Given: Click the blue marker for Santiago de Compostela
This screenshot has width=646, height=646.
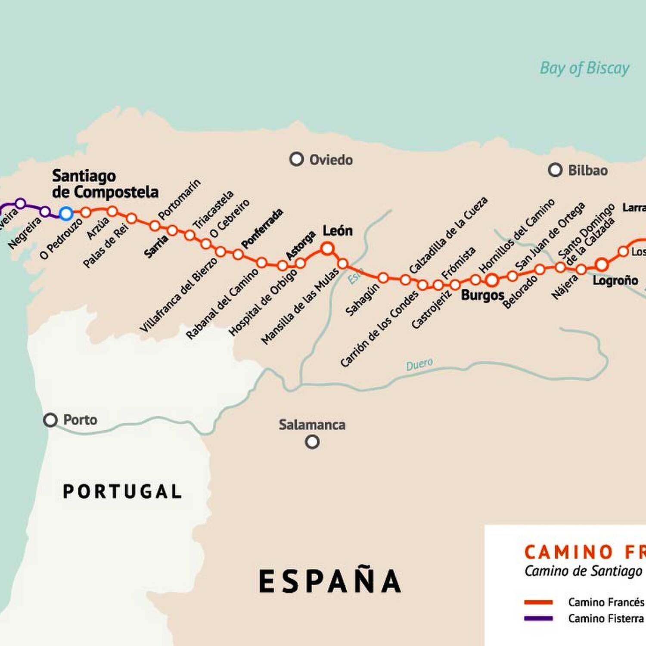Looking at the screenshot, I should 66,213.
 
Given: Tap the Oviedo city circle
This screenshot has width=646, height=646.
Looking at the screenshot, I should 296,159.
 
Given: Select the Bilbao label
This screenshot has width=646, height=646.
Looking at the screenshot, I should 587,171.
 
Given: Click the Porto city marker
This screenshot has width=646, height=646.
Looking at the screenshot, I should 50,420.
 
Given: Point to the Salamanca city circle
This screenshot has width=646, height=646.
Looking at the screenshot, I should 312,442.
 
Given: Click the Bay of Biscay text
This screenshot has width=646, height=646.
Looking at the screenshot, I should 584,68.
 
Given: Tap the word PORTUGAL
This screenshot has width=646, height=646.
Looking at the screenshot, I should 122,491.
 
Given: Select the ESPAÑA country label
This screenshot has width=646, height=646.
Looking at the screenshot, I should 330,581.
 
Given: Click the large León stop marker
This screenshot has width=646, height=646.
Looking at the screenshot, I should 327,248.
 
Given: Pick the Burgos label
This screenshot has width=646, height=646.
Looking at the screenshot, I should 482,295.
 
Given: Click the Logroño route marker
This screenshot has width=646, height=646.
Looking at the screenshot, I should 602,264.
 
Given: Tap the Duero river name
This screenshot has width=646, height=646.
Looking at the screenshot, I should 419,365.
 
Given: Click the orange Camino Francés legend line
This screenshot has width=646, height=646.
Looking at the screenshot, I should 538,602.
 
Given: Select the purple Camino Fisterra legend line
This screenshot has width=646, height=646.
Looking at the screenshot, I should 538,618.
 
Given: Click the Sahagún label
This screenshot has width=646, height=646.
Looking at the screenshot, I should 362,299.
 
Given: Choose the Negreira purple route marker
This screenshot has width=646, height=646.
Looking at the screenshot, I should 45,211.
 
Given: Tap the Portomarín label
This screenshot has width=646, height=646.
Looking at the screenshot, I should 179,199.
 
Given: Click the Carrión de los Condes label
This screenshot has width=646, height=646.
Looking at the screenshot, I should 379,329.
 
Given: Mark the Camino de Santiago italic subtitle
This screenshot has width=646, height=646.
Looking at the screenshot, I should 583,571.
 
